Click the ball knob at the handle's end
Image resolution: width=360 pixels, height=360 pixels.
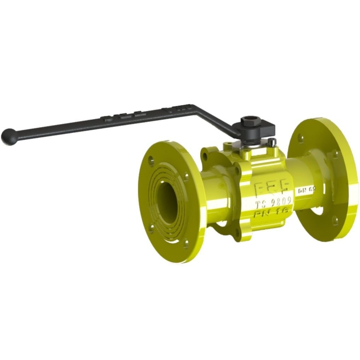click(x=8, y=137)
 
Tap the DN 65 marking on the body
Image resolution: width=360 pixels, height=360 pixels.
click(x=306, y=191)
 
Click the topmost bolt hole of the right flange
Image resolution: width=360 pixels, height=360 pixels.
click(x=301, y=138)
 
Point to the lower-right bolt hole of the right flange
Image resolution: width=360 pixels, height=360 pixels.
click(x=335, y=221)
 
